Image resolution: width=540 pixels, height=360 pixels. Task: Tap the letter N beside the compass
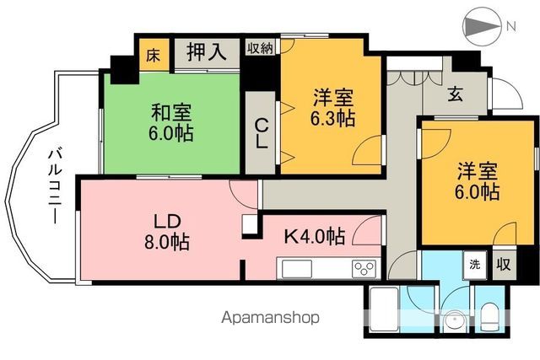click(x=511, y=26)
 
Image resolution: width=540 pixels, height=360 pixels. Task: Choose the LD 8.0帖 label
click(x=165, y=232)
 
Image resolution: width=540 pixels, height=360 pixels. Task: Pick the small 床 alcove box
click(x=153, y=56)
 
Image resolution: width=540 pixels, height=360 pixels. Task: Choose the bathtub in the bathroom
click(x=385, y=310)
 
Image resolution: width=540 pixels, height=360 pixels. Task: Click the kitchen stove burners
click(x=365, y=269)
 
